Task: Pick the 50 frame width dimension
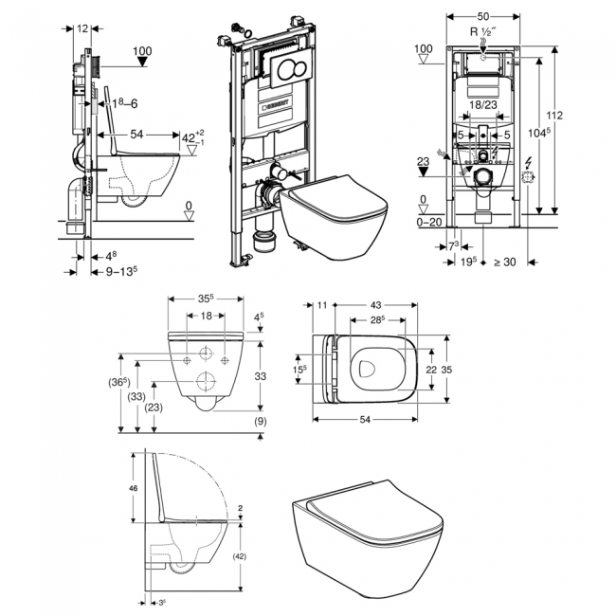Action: [x=482, y=16]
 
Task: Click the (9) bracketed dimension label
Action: [x=259, y=420]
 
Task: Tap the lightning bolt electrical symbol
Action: [x=529, y=164]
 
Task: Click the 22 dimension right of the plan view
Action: [x=430, y=369]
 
